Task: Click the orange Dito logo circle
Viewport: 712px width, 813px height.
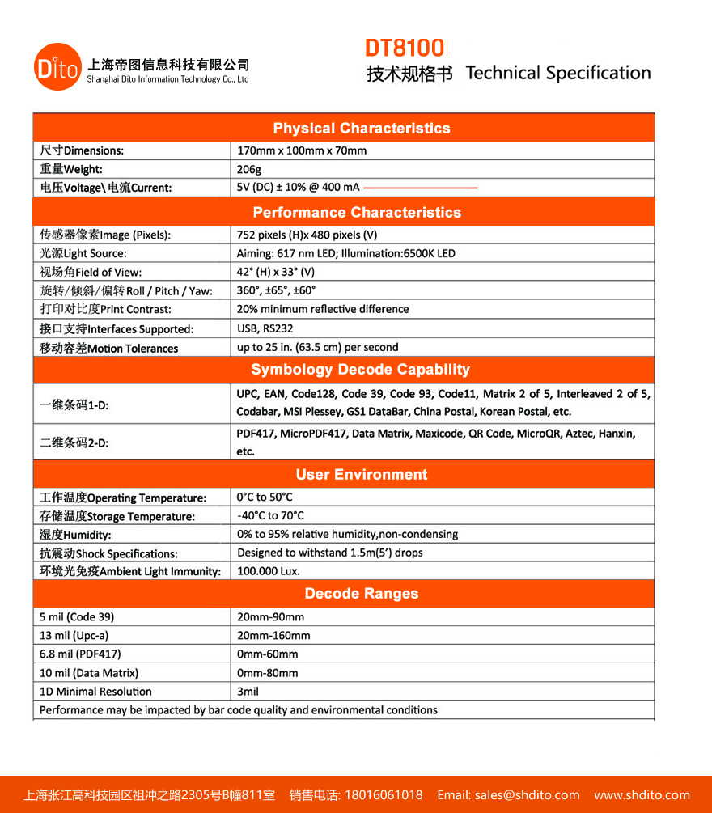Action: (58, 67)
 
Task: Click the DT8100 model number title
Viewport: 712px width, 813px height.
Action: (406, 47)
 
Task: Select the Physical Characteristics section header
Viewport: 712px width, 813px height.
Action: (361, 129)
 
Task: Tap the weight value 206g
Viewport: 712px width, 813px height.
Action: (249, 169)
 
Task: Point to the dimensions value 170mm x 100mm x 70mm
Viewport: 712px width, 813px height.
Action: (302, 150)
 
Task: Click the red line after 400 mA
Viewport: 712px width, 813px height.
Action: (421, 188)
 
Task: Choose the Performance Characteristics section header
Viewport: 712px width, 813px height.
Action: (357, 213)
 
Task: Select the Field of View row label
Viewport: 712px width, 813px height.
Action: (91, 273)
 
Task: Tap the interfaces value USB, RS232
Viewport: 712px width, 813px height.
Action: (265, 328)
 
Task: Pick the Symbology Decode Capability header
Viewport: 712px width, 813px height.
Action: (360, 370)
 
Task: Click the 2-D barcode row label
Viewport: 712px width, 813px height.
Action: (74, 443)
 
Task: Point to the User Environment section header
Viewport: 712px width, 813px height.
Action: (361, 475)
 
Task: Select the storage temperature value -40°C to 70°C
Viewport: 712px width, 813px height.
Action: (270, 515)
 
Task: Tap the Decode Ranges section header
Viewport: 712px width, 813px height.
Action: (361, 594)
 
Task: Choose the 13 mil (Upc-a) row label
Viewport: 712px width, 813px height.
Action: (74, 636)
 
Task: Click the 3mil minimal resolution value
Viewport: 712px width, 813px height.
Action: (248, 692)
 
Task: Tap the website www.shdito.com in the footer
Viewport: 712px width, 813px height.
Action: (642, 795)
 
